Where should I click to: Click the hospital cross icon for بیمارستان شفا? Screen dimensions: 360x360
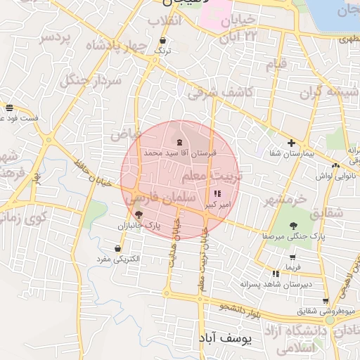(291, 143)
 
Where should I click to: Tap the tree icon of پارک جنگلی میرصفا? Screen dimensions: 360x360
(293, 226)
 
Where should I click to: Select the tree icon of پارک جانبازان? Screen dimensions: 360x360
(139, 215)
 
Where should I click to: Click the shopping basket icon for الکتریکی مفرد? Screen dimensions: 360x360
(117, 248)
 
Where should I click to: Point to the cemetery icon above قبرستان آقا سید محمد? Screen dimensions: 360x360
(172, 142)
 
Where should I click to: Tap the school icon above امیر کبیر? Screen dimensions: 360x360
(215, 193)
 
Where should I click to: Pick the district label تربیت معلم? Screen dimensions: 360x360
(212, 174)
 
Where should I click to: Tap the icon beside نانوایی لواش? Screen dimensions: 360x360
(336, 165)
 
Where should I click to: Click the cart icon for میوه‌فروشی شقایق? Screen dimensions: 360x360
(325, 300)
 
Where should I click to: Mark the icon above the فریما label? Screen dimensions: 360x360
(290, 257)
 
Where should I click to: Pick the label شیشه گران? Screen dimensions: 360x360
(320, 92)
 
